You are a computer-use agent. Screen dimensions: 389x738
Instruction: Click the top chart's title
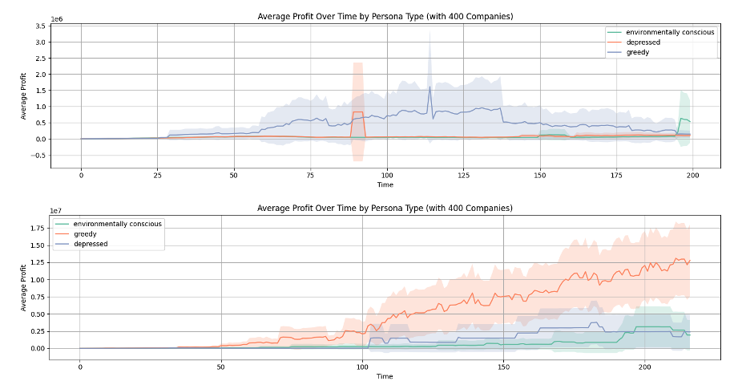click(385, 15)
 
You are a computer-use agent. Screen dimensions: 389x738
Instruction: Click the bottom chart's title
click(385, 209)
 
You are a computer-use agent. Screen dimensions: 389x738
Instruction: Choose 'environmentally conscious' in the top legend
click(671, 33)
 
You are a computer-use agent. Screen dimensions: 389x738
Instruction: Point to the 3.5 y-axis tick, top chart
click(38, 26)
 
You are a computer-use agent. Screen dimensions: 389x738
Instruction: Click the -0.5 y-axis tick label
click(36, 156)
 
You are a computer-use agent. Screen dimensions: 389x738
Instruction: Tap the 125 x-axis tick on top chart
click(463, 175)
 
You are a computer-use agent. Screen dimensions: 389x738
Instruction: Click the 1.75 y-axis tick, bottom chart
click(38, 229)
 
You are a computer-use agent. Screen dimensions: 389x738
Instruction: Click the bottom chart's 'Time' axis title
click(385, 376)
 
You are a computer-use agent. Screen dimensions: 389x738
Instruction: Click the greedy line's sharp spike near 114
click(429, 87)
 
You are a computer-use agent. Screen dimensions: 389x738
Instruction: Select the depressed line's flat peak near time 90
click(357, 112)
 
